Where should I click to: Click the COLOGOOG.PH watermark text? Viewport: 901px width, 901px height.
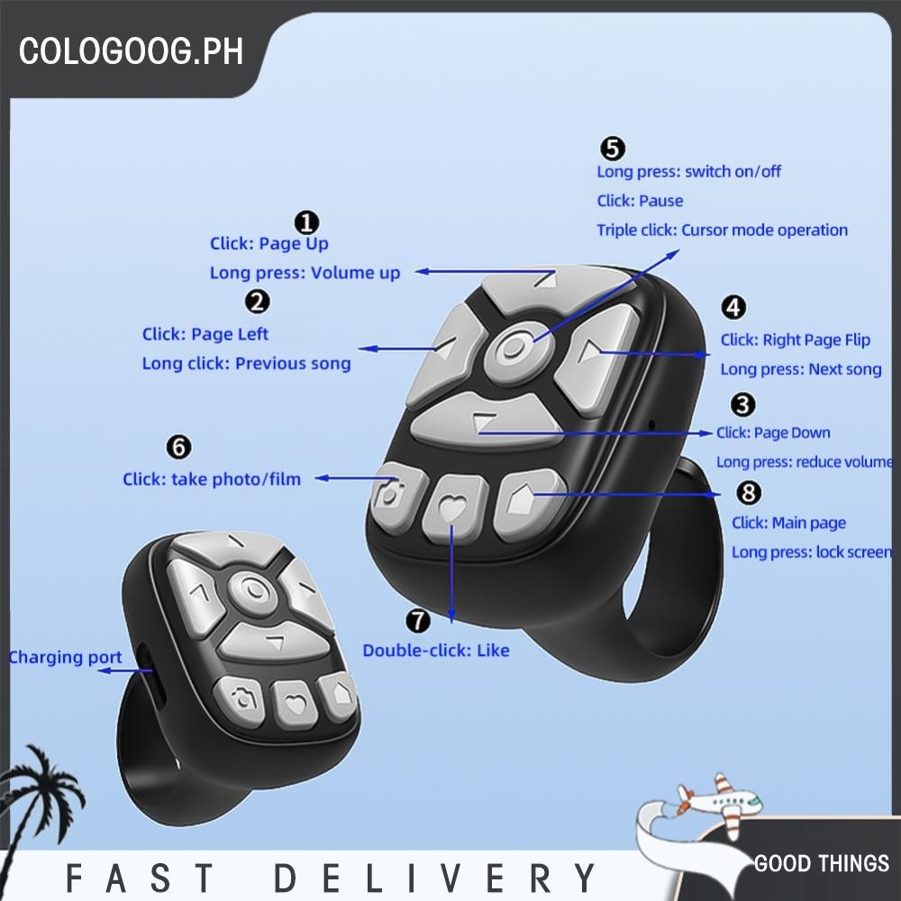[132, 50]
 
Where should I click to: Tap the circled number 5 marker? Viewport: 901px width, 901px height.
[612, 149]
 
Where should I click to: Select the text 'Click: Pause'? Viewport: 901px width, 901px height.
[640, 201]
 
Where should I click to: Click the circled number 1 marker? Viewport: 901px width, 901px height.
[307, 223]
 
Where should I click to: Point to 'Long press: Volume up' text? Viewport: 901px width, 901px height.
[305, 272]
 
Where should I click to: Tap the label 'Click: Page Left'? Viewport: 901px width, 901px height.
[205, 334]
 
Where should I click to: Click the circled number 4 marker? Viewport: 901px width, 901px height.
[733, 307]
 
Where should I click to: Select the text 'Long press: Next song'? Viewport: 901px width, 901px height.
[801, 369]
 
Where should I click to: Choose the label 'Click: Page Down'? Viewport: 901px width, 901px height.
[773, 432]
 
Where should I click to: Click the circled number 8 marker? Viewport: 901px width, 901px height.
[749, 493]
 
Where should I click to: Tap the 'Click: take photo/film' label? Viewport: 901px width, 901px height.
[212, 479]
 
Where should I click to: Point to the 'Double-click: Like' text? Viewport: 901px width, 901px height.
[436, 650]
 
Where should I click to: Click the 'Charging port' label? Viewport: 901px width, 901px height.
[65, 658]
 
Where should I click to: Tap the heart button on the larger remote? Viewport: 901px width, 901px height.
[452, 508]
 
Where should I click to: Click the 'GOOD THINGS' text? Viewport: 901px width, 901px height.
[822, 863]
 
